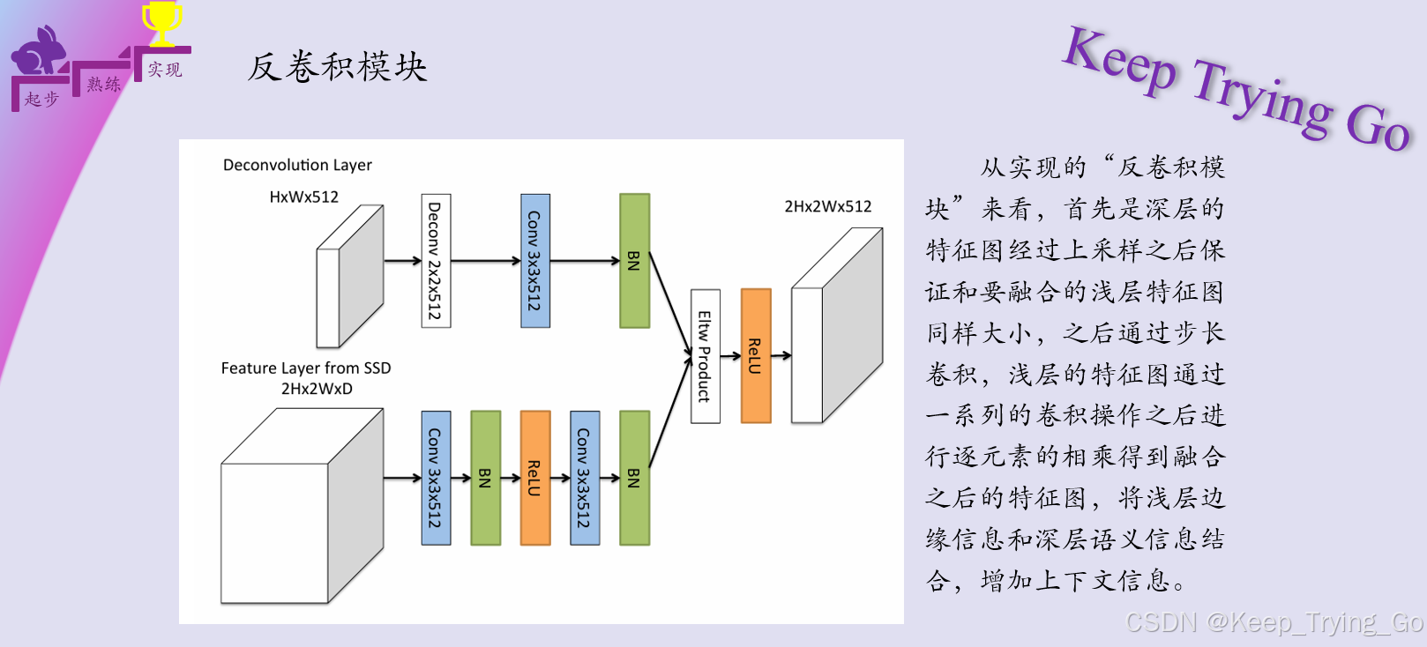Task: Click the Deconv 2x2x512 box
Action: (x=436, y=261)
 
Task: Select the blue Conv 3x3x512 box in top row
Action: (x=535, y=261)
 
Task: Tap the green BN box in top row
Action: (x=634, y=261)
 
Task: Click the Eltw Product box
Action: (x=705, y=356)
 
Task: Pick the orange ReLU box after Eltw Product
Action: (x=756, y=356)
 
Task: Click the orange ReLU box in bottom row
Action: (x=535, y=478)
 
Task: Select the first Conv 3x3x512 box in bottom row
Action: (x=436, y=478)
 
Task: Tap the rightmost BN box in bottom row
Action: (x=634, y=478)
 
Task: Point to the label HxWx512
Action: (x=303, y=197)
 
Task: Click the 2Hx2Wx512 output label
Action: (x=827, y=206)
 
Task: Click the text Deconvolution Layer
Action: (x=297, y=165)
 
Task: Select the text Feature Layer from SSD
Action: (x=305, y=368)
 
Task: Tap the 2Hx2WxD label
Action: (x=317, y=389)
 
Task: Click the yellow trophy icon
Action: (x=162, y=23)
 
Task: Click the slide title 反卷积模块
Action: (x=337, y=67)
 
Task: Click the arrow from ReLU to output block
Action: (x=781, y=356)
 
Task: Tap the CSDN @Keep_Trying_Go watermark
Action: (x=1274, y=622)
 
